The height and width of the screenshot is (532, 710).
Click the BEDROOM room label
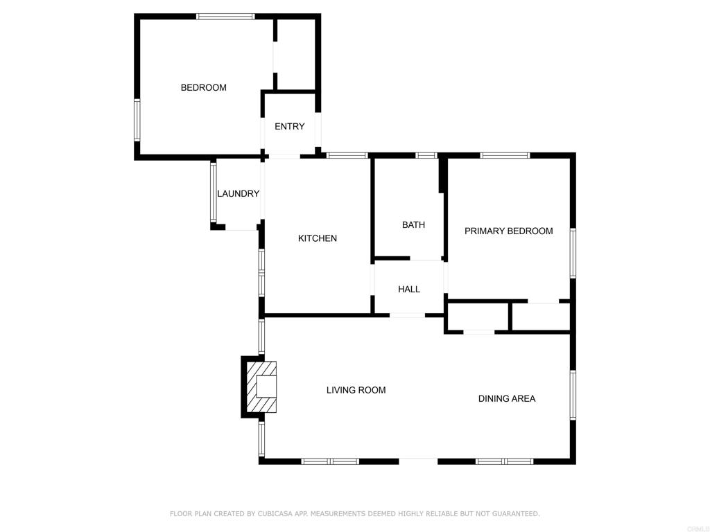click(x=203, y=87)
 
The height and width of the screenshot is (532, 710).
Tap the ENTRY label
click(x=289, y=126)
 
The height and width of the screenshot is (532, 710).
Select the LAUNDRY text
click(x=238, y=193)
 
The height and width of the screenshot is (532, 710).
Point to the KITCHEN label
click(x=317, y=238)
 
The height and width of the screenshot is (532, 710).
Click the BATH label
click(x=413, y=224)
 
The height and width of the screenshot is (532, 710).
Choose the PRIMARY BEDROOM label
click(x=508, y=231)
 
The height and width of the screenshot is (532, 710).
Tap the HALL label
click(x=408, y=289)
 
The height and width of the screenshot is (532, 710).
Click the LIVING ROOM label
click(x=356, y=390)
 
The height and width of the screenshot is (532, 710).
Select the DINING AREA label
click(x=506, y=398)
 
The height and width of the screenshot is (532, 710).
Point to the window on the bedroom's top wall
click(x=225, y=16)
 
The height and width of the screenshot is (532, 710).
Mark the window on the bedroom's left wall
click(x=137, y=120)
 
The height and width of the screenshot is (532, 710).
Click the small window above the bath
click(x=426, y=155)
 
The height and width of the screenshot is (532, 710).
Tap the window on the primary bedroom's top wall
click(x=505, y=155)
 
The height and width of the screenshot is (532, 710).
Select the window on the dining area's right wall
click(x=573, y=395)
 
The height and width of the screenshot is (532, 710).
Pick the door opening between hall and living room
click(x=407, y=315)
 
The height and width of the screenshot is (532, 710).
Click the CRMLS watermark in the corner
click(x=696, y=528)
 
